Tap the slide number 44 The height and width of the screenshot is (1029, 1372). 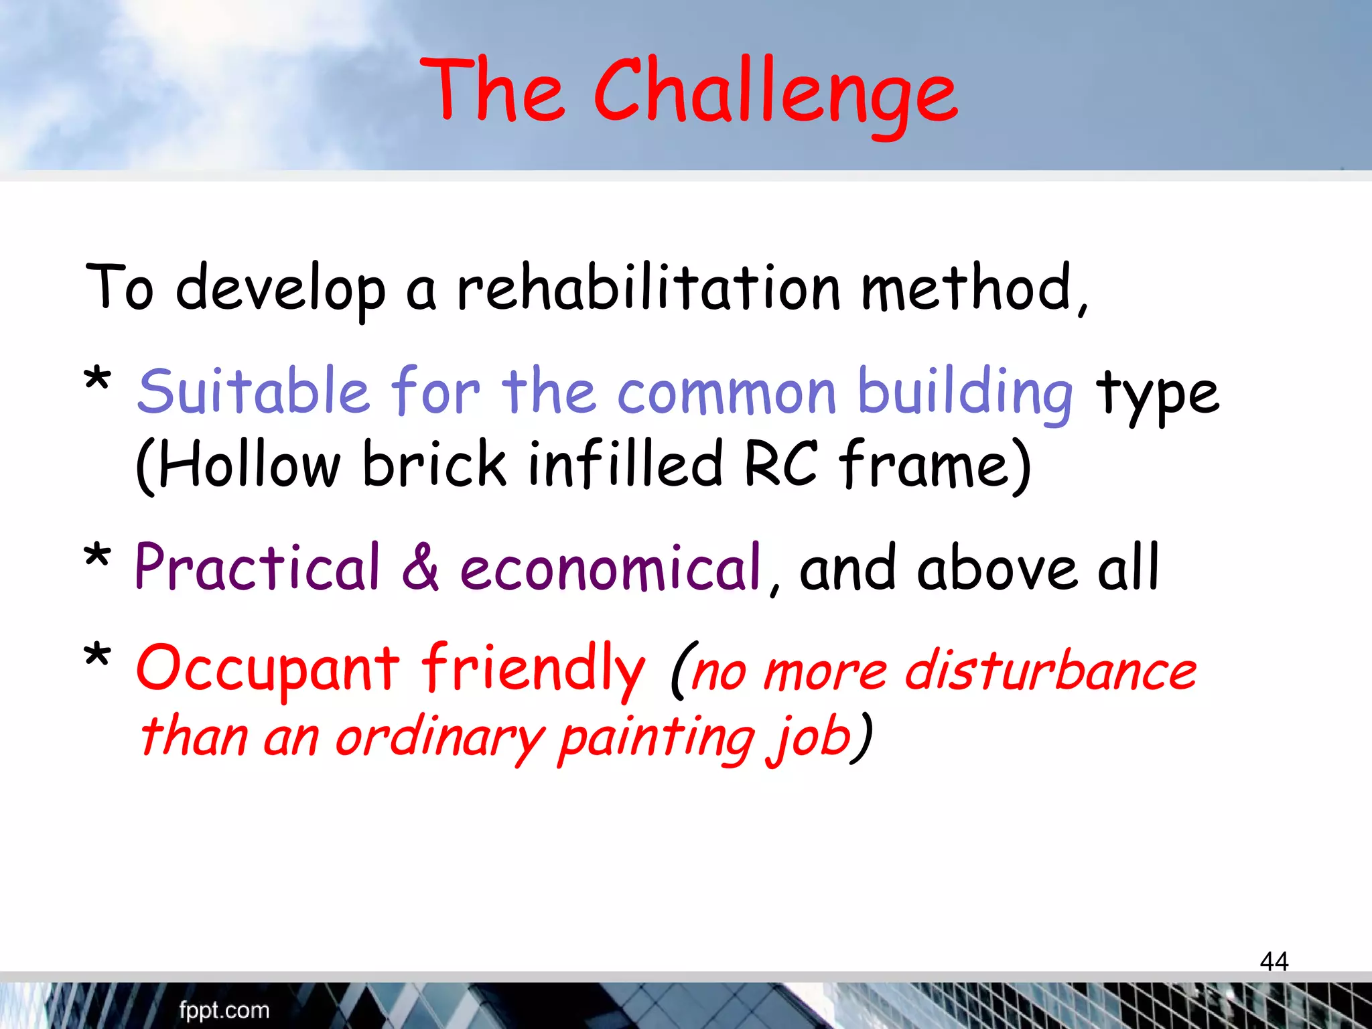pyautogui.click(x=1274, y=961)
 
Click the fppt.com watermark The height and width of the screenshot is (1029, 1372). pyautogui.click(x=224, y=1010)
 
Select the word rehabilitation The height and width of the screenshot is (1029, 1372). pyautogui.click(x=648, y=289)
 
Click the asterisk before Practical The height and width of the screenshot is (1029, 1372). pyautogui.click(x=97, y=557)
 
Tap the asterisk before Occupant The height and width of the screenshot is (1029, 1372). pyautogui.click(x=97, y=657)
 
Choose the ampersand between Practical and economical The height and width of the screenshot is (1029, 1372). pyautogui.click(x=420, y=568)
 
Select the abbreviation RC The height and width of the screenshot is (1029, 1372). pyautogui.click(x=781, y=464)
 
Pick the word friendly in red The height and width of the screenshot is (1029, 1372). pyautogui.click(x=533, y=669)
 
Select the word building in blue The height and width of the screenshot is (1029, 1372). pyautogui.click(x=965, y=394)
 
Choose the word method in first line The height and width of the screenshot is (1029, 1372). pyautogui.click(x=967, y=289)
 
